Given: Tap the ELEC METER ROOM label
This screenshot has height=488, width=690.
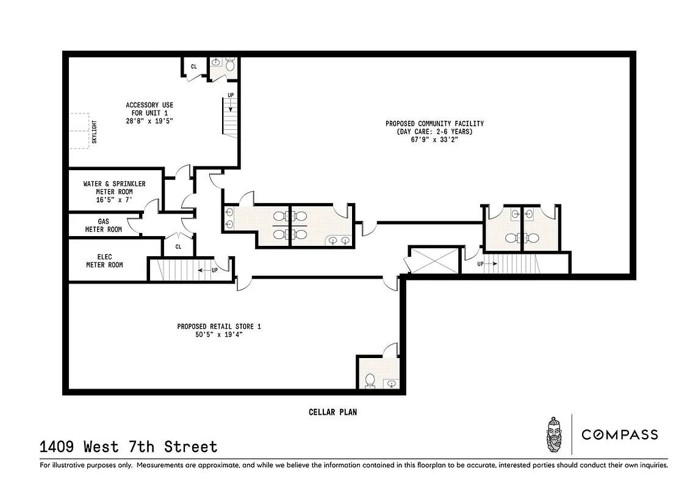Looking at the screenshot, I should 104,260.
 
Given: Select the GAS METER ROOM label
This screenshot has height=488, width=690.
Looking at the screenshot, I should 104,225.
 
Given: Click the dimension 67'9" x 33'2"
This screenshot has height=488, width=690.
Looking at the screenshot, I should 434,140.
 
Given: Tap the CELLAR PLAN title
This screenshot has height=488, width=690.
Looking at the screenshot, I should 332,412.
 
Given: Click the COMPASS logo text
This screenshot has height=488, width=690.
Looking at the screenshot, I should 619,434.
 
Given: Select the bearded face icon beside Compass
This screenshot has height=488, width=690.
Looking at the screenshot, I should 554,434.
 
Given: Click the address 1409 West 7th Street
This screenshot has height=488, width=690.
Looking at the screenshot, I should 129,447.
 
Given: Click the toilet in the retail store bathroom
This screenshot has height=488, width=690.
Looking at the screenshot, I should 369,381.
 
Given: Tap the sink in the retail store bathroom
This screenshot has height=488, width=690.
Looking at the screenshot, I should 391,383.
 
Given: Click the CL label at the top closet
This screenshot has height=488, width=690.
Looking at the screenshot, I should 194,66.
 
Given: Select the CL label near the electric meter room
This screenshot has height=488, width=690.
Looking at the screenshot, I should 178,247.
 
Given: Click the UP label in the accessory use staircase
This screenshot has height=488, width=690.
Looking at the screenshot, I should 231,95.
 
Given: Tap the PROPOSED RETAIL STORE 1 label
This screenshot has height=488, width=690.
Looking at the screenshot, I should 219,327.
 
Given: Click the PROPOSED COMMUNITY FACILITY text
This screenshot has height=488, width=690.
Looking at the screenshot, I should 434,124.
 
